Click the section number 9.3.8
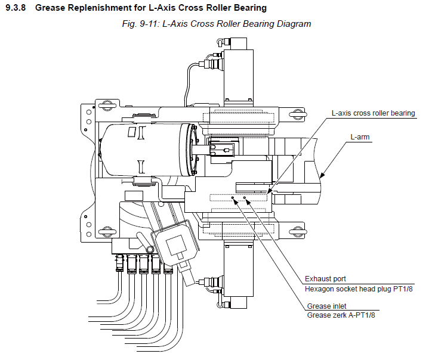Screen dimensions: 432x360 click(16, 7)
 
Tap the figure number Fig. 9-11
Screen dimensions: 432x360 click(140, 24)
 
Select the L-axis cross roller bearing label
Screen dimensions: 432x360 click(373, 113)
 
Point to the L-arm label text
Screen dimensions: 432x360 click(360, 137)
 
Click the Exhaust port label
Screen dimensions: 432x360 click(325, 279)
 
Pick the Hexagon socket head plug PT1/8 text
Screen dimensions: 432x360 click(359, 288)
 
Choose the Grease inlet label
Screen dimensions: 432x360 click(326, 306)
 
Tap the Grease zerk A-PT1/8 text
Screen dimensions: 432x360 click(341, 315)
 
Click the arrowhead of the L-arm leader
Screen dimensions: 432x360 click(322, 175)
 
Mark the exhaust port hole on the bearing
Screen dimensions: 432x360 click(245, 198)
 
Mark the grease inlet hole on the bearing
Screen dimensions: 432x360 click(233, 198)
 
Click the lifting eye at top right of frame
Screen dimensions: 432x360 click(298, 114)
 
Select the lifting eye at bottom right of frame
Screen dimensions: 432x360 click(298, 232)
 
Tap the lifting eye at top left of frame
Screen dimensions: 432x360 click(107, 105)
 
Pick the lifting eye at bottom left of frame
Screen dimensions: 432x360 click(107, 231)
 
